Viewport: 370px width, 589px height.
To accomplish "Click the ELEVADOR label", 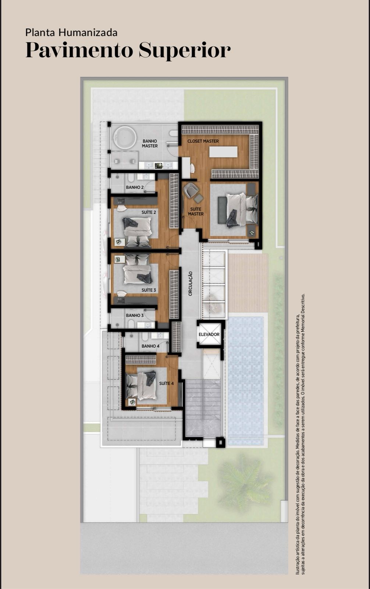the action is point(209,335).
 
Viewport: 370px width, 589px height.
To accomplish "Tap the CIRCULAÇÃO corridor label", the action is point(190,284).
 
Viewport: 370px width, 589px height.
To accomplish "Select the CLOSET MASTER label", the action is point(203,141).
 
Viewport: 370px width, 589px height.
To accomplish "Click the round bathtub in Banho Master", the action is point(125,138).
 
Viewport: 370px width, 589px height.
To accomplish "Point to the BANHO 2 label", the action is point(135,187).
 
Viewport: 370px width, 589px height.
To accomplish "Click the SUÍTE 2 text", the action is point(149,212).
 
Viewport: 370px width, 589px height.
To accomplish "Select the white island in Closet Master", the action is point(223,152).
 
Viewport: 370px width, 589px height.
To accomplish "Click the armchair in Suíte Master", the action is point(191,189).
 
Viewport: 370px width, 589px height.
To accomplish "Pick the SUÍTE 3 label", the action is point(149,290).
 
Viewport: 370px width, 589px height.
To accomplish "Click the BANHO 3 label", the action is point(135,315).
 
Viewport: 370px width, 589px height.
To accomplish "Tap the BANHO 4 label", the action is point(150,346).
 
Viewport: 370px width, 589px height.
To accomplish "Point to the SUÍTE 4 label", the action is point(166,383).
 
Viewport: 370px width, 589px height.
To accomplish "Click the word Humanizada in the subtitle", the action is point(88,33).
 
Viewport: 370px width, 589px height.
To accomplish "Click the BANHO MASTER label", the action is point(150,144).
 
